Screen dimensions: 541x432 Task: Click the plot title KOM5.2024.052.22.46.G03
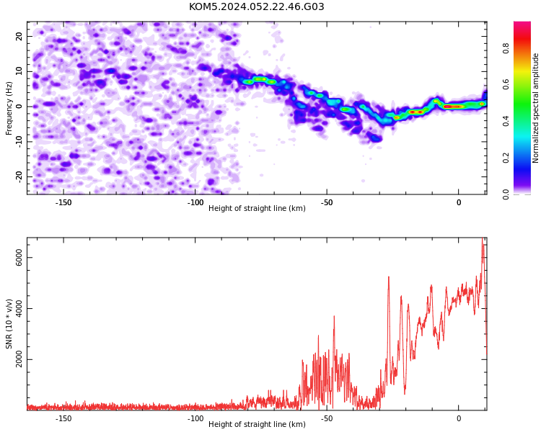click(256, 6)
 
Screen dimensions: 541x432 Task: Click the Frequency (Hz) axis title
click(9, 108)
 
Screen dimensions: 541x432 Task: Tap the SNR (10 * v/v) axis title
click(9, 324)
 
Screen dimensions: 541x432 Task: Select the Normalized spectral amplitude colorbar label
click(535, 108)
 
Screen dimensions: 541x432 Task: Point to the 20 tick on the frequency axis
click(19, 36)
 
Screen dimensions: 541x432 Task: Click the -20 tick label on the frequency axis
click(19, 177)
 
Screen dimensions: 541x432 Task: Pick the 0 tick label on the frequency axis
click(19, 107)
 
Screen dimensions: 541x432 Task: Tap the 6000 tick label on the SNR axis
click(19, 258)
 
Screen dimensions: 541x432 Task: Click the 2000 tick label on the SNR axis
click(19, 360)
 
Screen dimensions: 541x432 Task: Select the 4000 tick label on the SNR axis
click(19, 309)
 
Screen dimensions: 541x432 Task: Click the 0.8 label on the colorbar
click(506, 48)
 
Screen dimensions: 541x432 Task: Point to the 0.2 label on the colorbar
click(506, 158)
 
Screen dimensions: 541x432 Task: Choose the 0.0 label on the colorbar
click(506, 194)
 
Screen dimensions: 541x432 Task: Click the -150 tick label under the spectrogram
click(63, 202)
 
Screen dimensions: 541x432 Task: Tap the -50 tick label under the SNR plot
click(327, 418)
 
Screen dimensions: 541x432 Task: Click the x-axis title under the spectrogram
click(257, 208)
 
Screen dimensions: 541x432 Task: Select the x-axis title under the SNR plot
click(257, 424)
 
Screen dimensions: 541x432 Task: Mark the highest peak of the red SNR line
click(483, 238)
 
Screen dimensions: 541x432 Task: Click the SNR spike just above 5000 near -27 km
click(389, 277)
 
